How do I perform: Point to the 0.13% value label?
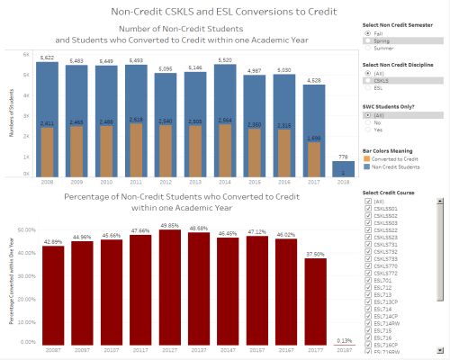pyautogui.click(x=319, y=340)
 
